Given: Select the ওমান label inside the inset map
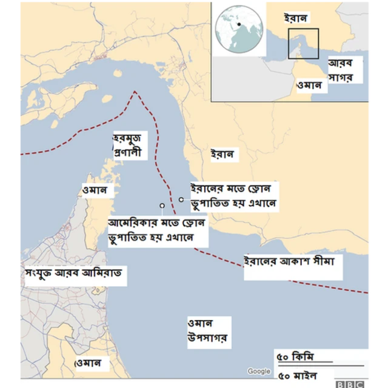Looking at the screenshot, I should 309,85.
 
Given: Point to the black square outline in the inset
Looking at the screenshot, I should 303,44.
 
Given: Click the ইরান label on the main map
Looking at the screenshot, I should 221,155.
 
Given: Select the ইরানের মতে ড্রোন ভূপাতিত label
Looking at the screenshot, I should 233,195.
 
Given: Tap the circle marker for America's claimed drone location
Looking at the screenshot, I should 162,206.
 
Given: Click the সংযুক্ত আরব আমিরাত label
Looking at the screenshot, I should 73,274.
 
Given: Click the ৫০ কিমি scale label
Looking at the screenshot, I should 296,356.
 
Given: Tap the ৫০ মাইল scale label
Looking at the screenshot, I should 298,373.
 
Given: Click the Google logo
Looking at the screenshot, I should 259,371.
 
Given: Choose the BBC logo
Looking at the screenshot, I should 350,383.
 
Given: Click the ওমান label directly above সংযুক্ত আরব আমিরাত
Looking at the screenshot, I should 94,190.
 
